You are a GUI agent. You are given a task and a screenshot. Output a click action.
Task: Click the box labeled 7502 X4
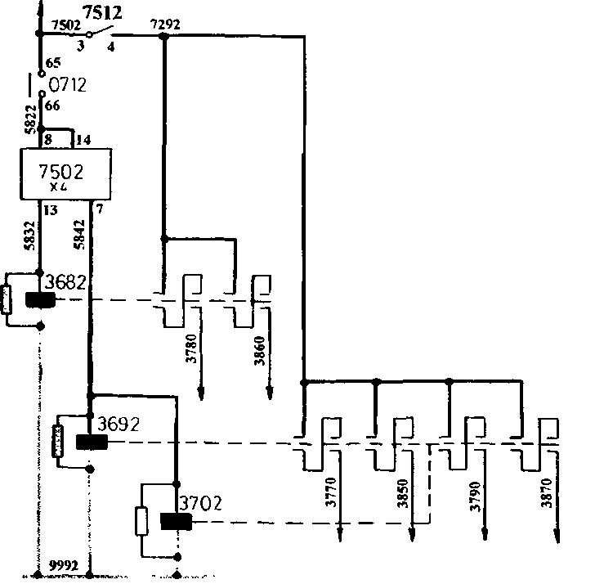[x=65, y=174]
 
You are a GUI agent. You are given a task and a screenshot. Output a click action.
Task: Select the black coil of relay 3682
[x=40, y=301]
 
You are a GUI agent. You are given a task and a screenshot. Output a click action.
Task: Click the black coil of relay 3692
[x=92, y=442]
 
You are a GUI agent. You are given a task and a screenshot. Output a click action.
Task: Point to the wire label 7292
[x=165, y=25]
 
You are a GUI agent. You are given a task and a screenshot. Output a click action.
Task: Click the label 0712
[x=67, y=85]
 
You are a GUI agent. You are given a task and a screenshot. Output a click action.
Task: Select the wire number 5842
[x=78, y=236]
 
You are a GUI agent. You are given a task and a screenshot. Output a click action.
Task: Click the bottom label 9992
[x=64, y=564]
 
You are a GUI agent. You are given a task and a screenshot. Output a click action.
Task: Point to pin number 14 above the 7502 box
[x=83, y=141]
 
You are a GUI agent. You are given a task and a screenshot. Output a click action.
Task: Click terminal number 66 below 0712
[x=54, y=106]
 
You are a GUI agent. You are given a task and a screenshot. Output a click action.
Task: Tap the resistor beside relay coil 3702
[x=142, y=520]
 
